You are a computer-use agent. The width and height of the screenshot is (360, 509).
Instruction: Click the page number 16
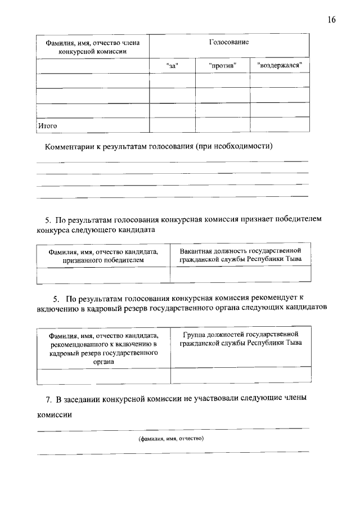[331, 20]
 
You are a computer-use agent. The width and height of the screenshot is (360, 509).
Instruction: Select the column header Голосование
[229, 42]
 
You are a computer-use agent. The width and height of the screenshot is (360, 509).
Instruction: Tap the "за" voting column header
[173, 66]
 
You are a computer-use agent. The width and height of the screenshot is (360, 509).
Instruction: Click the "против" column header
[222, 66]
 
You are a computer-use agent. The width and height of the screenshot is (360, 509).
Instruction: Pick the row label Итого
[48, 125]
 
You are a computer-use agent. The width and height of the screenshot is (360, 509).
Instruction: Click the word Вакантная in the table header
[196, 250]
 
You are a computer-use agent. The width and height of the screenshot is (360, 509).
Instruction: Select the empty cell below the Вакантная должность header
[240, 274]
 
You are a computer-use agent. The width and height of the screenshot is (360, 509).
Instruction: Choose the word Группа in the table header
[194, 335]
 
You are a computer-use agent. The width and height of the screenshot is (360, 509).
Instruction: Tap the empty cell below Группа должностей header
[240, 375]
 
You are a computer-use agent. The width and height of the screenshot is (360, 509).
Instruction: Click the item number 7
[48, 399]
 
